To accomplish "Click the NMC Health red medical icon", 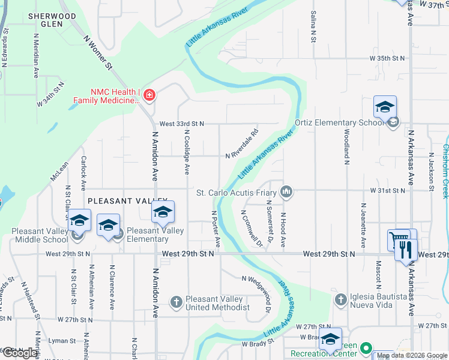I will [x=149, y=95].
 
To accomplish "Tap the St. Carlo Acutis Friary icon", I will [x=286, y=192].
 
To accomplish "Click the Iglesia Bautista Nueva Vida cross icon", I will [x=340, y=298].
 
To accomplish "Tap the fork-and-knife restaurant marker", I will [x=407, y=249].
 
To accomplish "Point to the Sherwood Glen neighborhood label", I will [x=52, y=20].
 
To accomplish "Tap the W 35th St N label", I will [x=387, y=58].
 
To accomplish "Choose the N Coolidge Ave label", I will [x=187, y=152].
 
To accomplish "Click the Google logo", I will [x=20, y=353].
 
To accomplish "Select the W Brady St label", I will [x=258, y=343].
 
